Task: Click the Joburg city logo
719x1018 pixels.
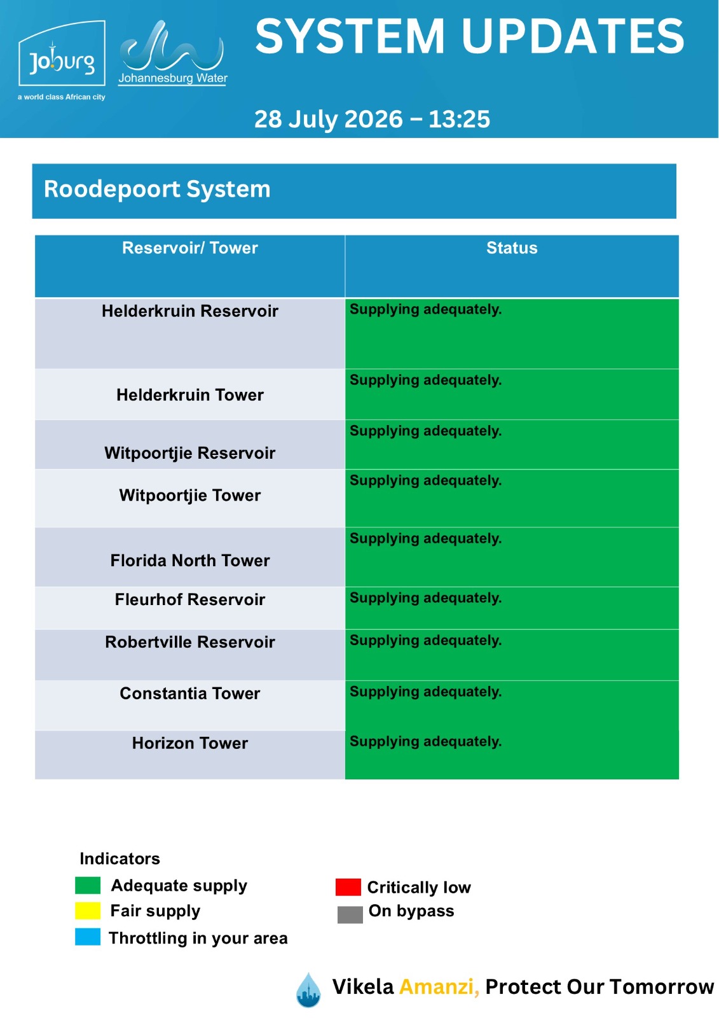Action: [x=61, y=60]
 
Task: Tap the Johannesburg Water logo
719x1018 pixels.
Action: [x=172, y=53]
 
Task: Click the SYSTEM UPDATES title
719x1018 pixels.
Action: [x=470, y=36]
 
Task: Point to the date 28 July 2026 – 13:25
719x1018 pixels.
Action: [x=372, y=119]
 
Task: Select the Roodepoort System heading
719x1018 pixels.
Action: [x=157, y=189]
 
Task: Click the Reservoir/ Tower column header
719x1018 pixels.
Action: [x=190, y=248]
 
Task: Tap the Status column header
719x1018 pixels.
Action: [x=512, y=248]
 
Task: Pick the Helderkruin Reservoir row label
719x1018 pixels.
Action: [x=190, y=311]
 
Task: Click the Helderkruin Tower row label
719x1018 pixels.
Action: [x=190, y=395]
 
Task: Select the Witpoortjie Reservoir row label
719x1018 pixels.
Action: [x=190, y=453]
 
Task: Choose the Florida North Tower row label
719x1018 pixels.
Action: [x=190, y=561]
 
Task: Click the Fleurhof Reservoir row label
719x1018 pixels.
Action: [x=190, y=599]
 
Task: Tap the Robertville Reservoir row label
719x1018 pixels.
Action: [x=190, y=642]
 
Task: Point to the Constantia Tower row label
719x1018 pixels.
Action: [x=190, y=694]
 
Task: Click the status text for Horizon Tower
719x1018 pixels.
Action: [x=425, y=742]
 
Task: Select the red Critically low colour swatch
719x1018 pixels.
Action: [x=348, y=887]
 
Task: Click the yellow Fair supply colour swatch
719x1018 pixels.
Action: [x=88, y=910]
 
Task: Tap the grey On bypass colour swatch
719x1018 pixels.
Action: [x=350, y=914]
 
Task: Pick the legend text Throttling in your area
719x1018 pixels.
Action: [x=198, y=938]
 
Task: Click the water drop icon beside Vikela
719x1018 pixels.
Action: [x=308, y=990]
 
